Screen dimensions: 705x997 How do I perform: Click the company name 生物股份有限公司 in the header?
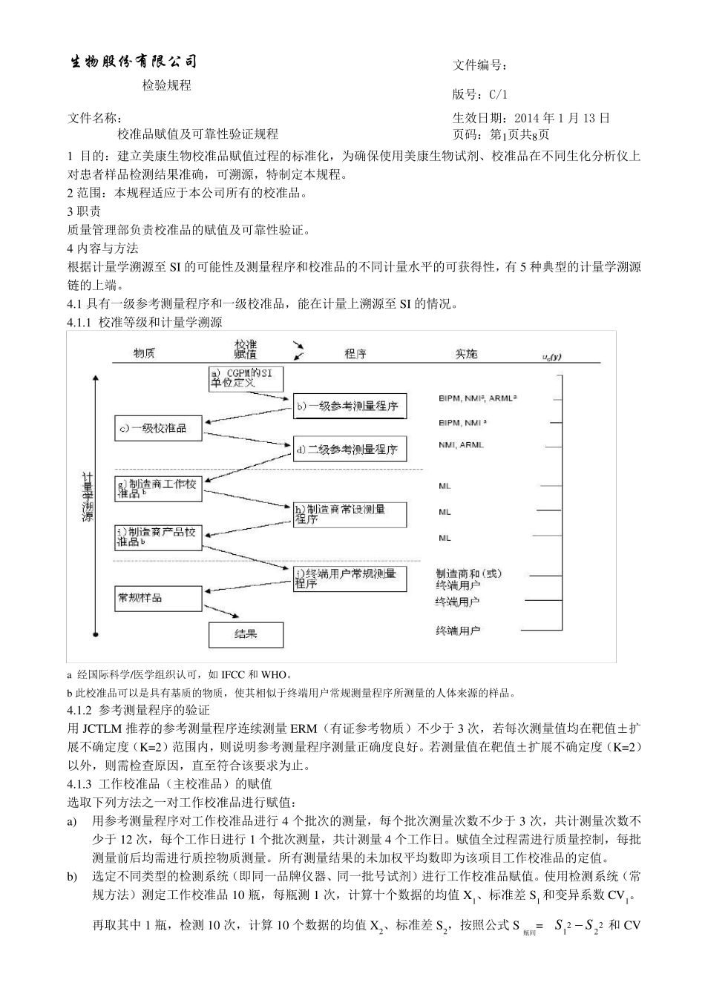click(x=133, y=62)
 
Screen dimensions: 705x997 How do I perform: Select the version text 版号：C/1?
click(x=480, y=94)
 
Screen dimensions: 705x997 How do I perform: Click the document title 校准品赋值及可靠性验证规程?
click(x=197, y=134)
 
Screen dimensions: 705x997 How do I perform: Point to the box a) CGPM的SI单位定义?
click(x=241, y=378)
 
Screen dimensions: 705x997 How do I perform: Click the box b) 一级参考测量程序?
click(x=350, y=406)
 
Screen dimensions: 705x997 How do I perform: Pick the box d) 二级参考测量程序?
click(x=349, y=449)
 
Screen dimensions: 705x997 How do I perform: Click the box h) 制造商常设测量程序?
click(x=350, y=514)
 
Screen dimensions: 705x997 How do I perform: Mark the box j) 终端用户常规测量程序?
click(x=350, y=578)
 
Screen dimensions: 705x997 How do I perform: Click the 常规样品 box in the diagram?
click(x=157, y=598)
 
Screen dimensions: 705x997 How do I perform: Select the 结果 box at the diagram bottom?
click(x=246, y=634)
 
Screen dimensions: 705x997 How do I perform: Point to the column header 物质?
click(x=144, y=354)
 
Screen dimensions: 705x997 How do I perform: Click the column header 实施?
click(x=467, y=354)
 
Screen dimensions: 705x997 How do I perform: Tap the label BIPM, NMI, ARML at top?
click(x=476, y=398)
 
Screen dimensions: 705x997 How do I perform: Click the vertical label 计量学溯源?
click(x=88, y=497)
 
